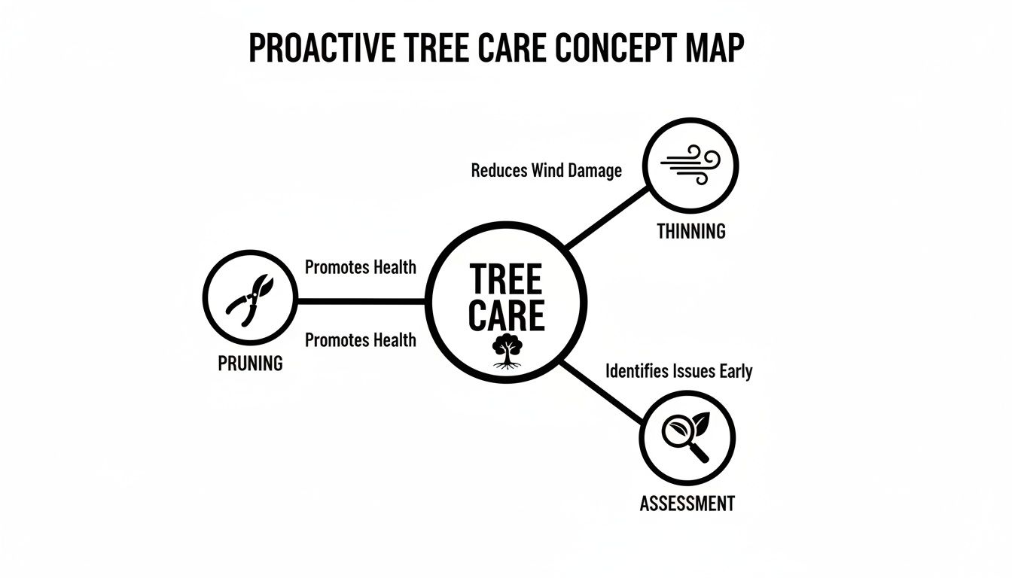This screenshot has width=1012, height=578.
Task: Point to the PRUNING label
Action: click(250, 364)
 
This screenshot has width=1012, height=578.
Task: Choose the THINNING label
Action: click(690, 231)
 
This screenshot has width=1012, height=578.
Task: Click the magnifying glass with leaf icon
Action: click(687, 437)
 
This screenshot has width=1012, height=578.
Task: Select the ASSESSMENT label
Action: click(687, 503)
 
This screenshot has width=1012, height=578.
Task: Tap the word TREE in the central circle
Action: click(506, 280)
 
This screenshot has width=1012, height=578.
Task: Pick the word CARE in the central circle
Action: click(506, 316)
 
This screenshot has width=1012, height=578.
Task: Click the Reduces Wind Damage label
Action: click(546, 171)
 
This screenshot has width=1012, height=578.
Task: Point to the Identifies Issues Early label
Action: click(678, 371)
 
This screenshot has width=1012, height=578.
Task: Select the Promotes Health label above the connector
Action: click(360, 267)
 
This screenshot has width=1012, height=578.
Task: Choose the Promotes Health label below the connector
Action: click(360, 340)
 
